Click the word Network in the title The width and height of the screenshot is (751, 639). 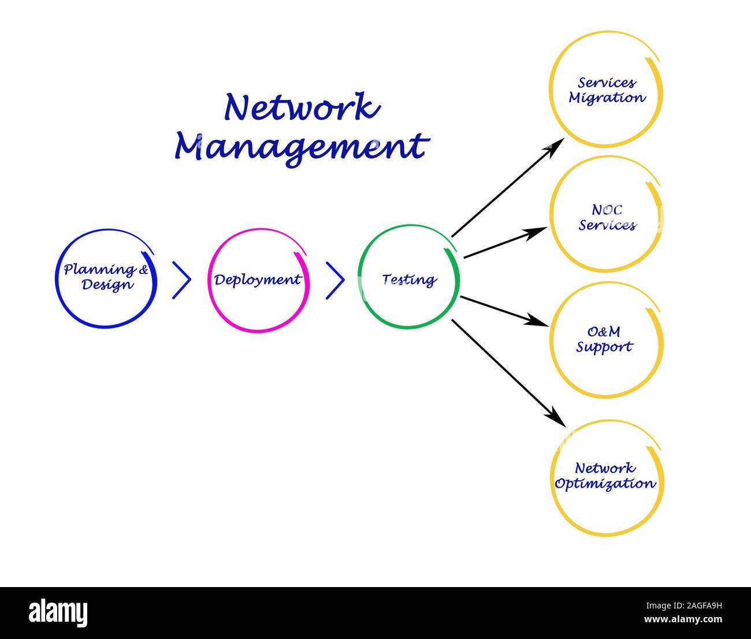(302, 107)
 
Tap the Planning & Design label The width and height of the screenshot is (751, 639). (106, 277)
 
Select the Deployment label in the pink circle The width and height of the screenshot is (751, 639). (258, 280)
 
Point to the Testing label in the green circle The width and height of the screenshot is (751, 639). (409, 280)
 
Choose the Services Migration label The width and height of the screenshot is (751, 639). (607, 91)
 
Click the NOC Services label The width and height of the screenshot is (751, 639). (607, 218)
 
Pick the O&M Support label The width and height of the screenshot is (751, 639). (604, 340)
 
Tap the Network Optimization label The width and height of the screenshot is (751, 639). (605, 476)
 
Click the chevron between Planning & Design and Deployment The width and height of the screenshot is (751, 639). (181, 280)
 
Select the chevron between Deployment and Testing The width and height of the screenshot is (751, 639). (335, 280)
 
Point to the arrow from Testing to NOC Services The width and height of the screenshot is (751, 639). (504, 243)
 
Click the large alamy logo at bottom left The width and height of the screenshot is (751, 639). (58, 612)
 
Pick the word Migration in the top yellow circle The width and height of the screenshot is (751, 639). (607, 98)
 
